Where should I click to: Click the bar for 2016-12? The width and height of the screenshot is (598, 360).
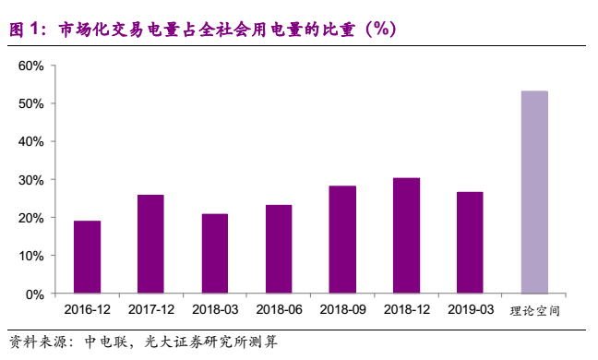[x=87, y=258]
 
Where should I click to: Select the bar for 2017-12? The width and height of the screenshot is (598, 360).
[x=150, y=245]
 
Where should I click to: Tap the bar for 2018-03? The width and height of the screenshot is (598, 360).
[x=214, y=254]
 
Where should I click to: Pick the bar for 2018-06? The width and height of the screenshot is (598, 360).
[x=279, y=249]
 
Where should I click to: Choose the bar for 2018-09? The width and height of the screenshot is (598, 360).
[x=342, y=240]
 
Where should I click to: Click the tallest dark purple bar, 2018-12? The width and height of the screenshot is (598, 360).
[x=406, y=236]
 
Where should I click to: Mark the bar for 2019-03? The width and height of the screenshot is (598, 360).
[x=470, y=243]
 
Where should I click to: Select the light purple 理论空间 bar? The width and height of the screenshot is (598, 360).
[x=533, y=193]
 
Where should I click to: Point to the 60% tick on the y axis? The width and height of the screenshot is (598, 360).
[x=31, y=66]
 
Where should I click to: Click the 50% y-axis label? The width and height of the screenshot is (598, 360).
[x=31, y=103]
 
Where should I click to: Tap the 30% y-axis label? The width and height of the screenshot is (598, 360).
[x=31, y=180]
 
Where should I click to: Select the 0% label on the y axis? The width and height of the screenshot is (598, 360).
[x=35, y=294]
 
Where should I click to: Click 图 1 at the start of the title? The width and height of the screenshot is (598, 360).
[x=26, y=30]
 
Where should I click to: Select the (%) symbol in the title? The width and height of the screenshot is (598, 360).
[x=378, y=30]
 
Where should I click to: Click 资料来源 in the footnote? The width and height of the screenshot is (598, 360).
[x=37, y=342]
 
